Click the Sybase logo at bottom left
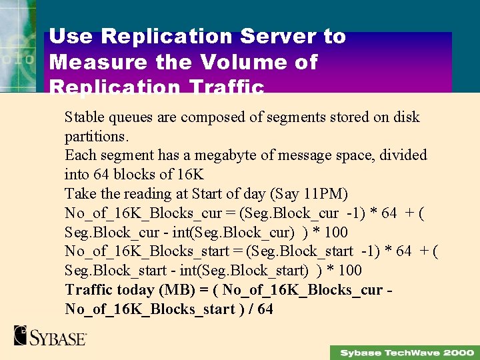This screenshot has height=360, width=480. tap(50, 335)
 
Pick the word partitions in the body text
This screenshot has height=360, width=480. tap(95, 136)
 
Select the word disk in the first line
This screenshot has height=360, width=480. tap(406, 117)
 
